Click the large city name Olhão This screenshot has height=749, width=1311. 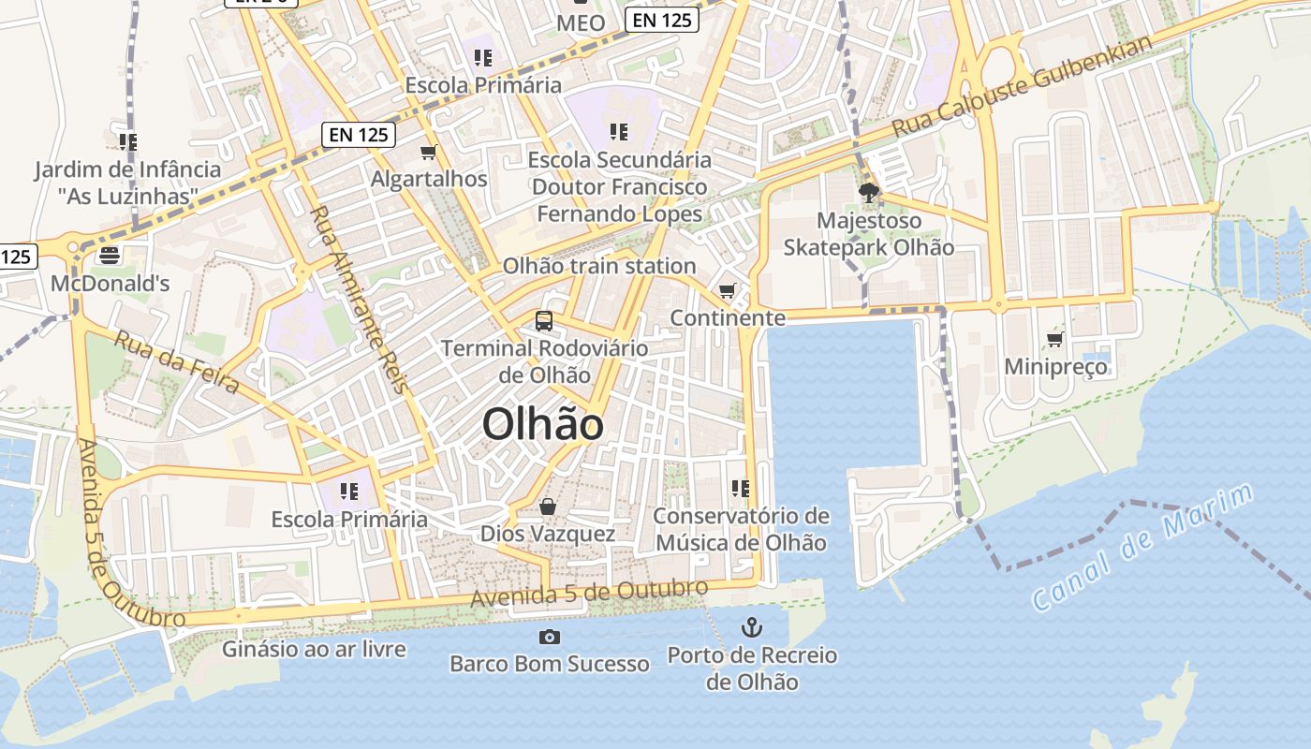click(x=542, y=425)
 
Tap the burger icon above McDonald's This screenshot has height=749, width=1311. click(x=110, y=255)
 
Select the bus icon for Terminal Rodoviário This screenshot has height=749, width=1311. click(x=544, y=321)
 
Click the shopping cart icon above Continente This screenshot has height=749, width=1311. click(x=728, y=291)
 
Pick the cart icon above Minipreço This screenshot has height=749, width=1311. click(x=1055, y=339)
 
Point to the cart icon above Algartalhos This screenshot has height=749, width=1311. click(x=429, y=152)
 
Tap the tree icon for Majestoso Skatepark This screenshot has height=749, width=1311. click(x=869, y=194)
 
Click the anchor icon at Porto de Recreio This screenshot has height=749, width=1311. click(x=751, y=627)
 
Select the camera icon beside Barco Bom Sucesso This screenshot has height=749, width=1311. click(x=550, y=638)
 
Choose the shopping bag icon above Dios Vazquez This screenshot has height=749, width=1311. click(x=548, y=507)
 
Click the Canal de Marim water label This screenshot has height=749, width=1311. click(x=1142, y=548)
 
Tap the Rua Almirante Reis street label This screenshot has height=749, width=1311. click(x=360, y=299)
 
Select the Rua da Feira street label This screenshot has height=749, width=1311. click(x=176, y=360)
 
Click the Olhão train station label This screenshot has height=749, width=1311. click(x=599, y=266)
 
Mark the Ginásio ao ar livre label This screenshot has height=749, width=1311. click(x=314, y=649)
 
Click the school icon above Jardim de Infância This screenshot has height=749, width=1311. click(x=127, y=142)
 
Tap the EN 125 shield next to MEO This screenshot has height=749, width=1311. click(x=662, y=20)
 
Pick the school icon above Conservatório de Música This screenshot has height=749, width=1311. click(x=741, y=489)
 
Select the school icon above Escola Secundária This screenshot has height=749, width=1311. click(x=618, y=132)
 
